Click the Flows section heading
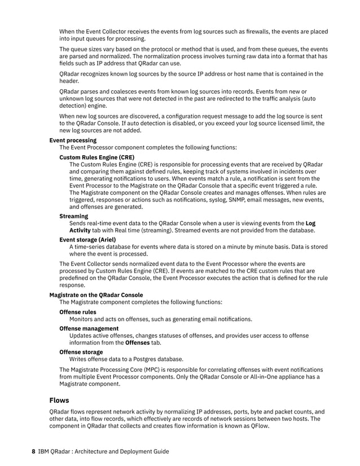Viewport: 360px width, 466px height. click(x=59, y=401)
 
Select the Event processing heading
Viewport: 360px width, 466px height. click(x=73, y=140)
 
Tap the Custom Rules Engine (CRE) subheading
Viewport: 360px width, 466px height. click(x=97, y=157)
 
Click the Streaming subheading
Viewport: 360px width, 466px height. click(x=74, y=216)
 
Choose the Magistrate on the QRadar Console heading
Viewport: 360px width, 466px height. click(x=96, y=294)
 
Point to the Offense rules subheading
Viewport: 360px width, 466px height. click(x=78, y=312)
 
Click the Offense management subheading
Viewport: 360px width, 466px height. click(x=89, y=328)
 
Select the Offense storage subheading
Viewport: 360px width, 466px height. click(x=81, y=351)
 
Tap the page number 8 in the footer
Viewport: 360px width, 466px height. click(x=33, y=451)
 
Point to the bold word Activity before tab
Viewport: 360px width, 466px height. click(x=80, y=230)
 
